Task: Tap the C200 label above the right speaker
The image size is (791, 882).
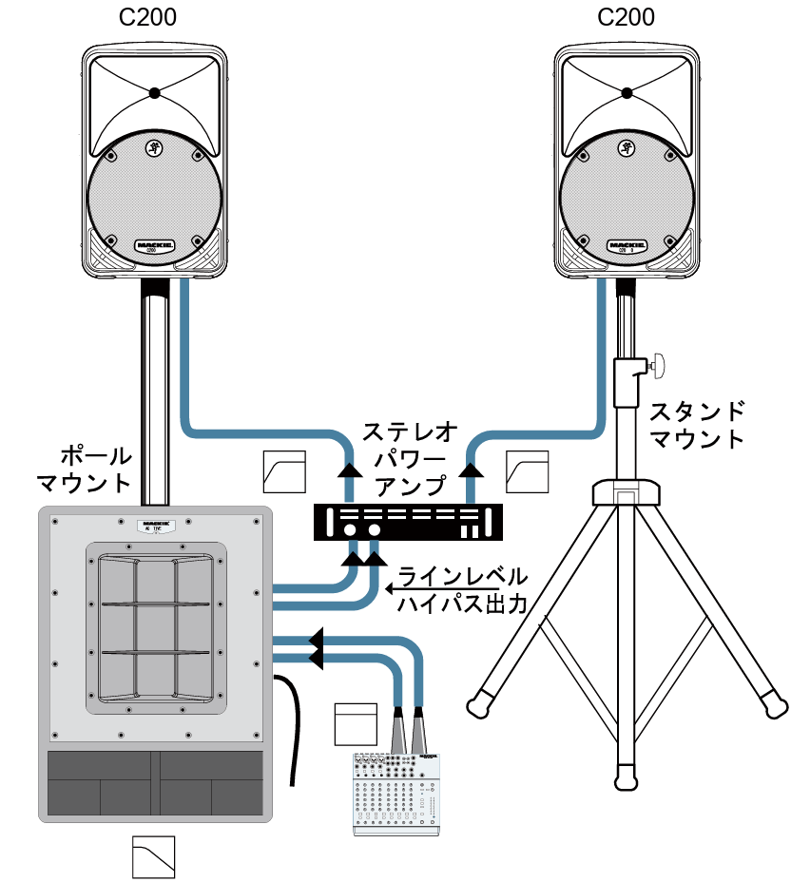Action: [x=626, y=18]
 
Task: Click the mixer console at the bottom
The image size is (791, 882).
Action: [x=396, y=794]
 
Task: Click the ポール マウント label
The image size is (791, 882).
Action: [x=86, y=468]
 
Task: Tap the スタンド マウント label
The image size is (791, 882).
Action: [x=697, y=425]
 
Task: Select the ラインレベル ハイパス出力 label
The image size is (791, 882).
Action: [x=461, y=590]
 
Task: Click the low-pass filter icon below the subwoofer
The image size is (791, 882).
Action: [x=154, y=856]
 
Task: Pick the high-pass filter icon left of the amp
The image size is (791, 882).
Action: [x=282, y=473]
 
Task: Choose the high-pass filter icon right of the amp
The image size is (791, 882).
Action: [x=527, y=472]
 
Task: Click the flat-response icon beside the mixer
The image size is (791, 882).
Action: [x=356, y=723]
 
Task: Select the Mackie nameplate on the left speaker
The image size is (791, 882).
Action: [x=154, y=243]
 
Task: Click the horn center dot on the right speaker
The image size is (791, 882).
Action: [x=627, y=93]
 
